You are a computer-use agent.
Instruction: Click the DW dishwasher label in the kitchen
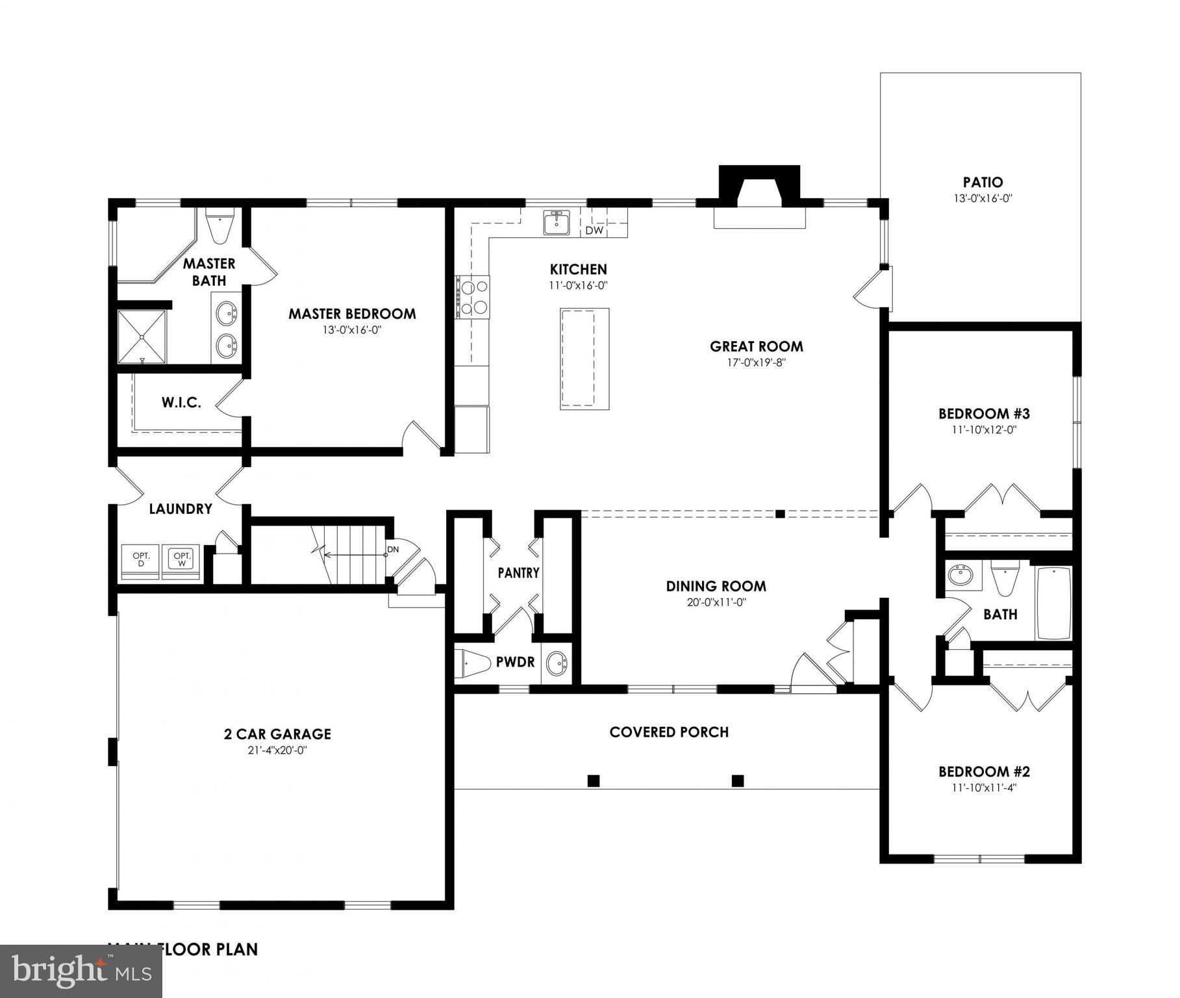[x=594, y=230]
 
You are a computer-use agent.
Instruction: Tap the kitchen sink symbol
[x=557, y=222]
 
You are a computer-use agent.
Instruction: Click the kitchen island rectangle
[x=584, y=359]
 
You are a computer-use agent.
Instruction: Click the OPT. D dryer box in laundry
[x=141, y=560]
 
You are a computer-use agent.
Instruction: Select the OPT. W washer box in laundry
[x=182, y=560]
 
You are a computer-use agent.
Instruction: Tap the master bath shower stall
[x=142, y=337]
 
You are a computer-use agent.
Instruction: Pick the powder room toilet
[x=473, y=663]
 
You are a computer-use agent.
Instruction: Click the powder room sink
[x=557, y=663]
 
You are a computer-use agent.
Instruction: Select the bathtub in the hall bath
[x=1053, y=604]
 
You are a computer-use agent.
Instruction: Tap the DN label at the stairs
[x=392, y=549]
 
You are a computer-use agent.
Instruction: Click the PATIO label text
[x=983, y=183]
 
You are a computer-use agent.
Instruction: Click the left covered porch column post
[x=593, y=780]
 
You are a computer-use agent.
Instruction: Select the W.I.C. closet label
[x=181, y=403]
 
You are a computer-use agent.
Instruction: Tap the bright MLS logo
[x=81, y=971]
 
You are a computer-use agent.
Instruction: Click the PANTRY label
[x=518, y=573]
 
